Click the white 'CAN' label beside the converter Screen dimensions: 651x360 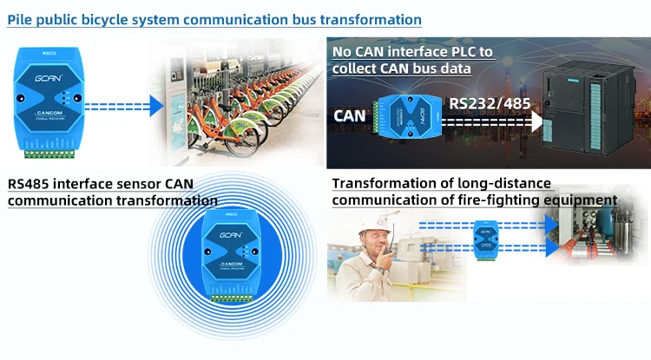[x=350, y=115]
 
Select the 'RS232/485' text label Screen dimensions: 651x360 [x=488, y=104]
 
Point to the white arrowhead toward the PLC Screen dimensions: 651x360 [x=535, y=121]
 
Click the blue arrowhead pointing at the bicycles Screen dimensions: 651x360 [x=156, y=107]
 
